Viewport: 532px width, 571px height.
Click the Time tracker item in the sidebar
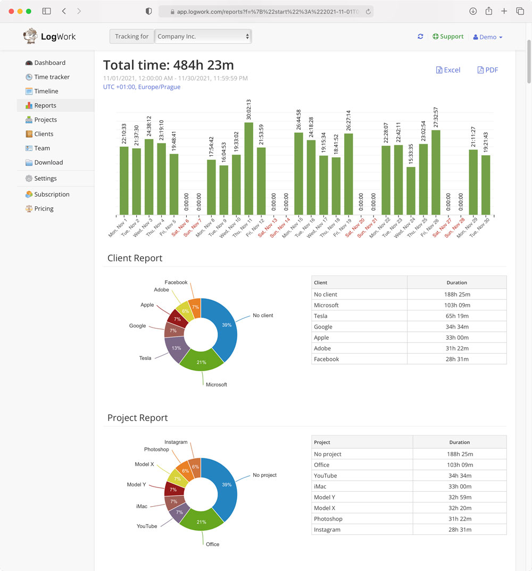point(52,77)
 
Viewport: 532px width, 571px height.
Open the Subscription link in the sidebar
point(52,195)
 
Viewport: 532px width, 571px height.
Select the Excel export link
point(448,70)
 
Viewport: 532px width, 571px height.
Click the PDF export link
point(488,70)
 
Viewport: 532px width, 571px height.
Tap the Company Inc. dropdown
point(203,37)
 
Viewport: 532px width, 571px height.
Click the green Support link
point(448,37)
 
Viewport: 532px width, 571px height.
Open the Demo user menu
point(488,37)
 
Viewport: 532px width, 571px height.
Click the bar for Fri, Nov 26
point(436,172)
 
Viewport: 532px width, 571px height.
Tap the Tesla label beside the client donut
point(145,358)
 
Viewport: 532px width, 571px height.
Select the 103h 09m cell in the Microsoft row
point(456,305)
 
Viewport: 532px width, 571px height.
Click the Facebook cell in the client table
point(327,359)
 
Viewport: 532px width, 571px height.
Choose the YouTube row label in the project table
point(325,476)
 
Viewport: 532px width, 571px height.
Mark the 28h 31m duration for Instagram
point(459,530)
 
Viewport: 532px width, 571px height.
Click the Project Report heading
point(138,418)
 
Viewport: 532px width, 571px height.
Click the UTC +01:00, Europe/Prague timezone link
point(142,87)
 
